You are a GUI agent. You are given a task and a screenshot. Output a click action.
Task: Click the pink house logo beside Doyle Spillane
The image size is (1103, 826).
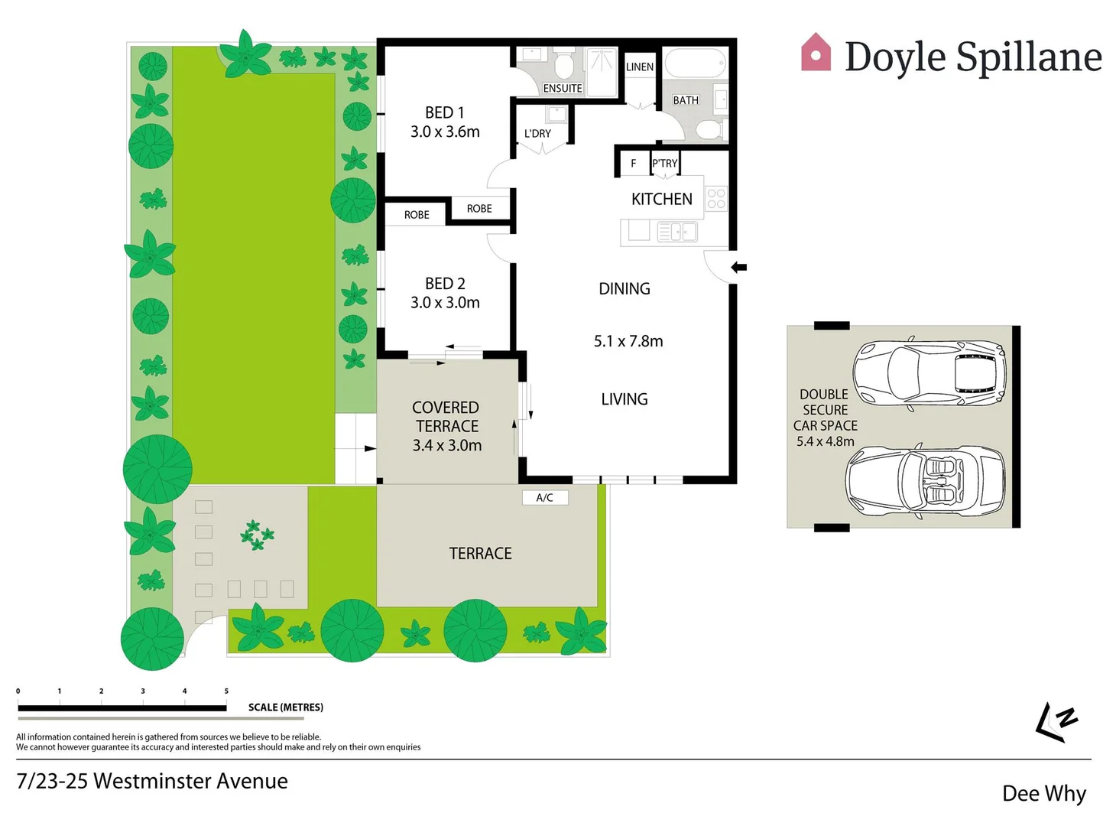pos(816,53)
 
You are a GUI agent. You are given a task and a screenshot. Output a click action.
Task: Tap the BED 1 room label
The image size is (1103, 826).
pos(445,113)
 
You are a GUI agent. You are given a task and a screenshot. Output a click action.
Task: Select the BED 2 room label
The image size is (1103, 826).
pos(445,284)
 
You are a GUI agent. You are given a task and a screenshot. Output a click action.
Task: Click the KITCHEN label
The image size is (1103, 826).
pos(661,200)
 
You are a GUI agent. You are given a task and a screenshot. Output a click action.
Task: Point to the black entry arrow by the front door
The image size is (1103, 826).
pos(738,267)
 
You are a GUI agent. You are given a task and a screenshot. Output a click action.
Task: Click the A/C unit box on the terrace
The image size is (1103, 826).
pos(544,498)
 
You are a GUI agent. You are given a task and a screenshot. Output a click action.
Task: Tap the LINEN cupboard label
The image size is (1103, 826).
pos(639,67)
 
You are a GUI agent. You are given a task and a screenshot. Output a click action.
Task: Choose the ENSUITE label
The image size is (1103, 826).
pos(563,89)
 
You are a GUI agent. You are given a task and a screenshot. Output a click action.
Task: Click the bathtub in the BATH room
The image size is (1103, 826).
pos(694,63)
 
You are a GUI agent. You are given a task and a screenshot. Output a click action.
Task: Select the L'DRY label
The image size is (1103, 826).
pos(537,134)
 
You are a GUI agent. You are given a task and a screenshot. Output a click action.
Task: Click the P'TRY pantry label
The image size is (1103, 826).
pos(664,164)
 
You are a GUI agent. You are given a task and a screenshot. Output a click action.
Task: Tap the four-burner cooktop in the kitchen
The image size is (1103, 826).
pos(716,199)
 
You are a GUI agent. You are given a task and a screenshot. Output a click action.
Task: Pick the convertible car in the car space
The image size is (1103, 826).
pos(925,481)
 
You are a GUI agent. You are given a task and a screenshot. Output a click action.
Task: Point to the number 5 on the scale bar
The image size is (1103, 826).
pos(226,691)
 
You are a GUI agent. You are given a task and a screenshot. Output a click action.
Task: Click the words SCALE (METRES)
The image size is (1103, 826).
pos(285,707)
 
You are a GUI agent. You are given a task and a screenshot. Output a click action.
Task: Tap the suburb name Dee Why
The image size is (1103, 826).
pos(1043,794)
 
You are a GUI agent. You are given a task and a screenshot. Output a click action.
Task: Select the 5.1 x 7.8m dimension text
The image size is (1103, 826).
pos(628,341)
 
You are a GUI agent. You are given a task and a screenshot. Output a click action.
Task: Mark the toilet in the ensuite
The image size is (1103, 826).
pos(565,66)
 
